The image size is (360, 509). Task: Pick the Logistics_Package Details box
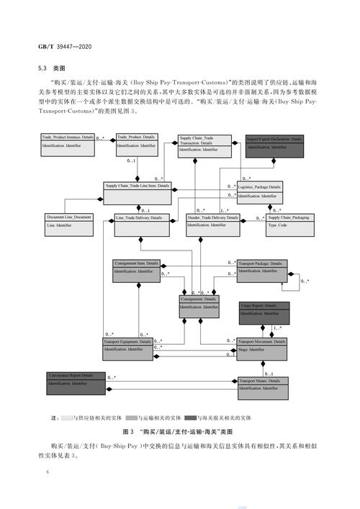pos(259,191)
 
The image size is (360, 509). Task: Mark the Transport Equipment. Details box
pos(127,348)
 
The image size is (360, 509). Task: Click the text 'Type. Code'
pos(278,225)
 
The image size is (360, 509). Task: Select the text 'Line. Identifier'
pos(59,225)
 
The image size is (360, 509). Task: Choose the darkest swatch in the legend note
pos(191,418)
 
